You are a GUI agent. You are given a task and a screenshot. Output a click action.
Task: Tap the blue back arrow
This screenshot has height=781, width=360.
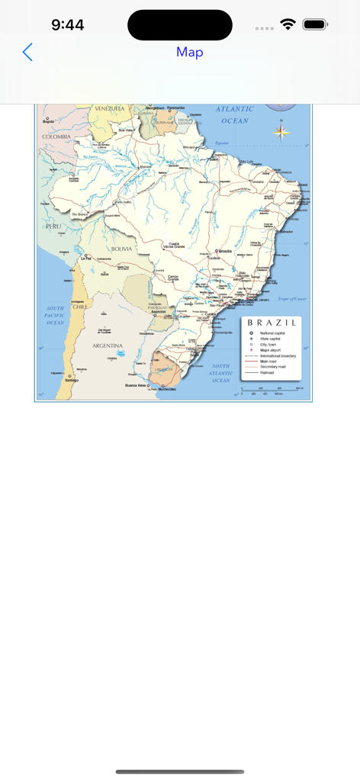click(x=27, y=52)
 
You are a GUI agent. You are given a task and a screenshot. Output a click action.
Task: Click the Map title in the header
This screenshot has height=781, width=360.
click(x=189, y=52)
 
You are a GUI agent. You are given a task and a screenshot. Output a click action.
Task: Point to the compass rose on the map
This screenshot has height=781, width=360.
click(x=281, y=132)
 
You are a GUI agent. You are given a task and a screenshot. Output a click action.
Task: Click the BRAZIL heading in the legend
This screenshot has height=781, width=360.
click(x=272, y=323)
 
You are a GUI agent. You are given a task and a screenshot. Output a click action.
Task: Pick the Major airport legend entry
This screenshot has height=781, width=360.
click(x=267, y=350)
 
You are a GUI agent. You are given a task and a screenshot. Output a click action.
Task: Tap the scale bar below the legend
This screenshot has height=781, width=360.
click(x=272, y=390)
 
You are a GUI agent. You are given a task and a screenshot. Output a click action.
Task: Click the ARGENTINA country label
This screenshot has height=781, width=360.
click(x=108, y=346)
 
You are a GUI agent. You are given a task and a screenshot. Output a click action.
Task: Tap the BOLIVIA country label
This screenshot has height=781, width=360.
click(x=121, y=249)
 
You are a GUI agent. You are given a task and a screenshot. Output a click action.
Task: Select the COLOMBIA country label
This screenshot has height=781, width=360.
click(x=56, y=137)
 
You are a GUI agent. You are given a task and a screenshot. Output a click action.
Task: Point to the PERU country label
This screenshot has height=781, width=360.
click(x=53, y=227)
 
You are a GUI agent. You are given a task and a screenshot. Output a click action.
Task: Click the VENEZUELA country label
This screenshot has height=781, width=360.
click(x=109, y=109)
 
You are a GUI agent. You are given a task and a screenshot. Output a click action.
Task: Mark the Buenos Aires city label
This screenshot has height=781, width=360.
click(x=136, y=386)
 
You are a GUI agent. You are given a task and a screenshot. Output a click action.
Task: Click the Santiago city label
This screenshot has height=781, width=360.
click(x=72, y=379)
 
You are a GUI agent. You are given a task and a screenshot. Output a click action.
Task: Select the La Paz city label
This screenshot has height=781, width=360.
click(x=87, y=259)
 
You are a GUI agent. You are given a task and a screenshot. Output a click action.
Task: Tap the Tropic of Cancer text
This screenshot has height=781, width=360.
click(x=292, y=299)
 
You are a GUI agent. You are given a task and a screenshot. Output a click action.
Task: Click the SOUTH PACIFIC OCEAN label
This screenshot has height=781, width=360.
click(x=56, y=316)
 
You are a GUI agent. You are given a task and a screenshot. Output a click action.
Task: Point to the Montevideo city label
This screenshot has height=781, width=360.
click(x=167, y=390)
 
